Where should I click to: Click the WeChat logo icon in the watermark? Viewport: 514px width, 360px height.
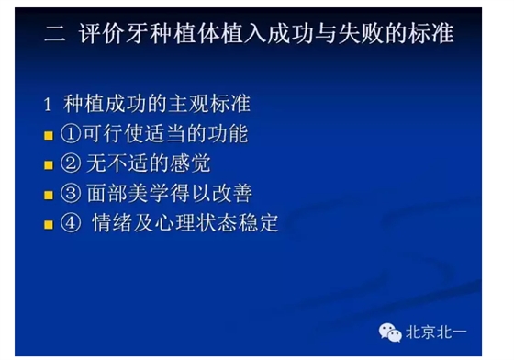(x=392, y=332)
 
